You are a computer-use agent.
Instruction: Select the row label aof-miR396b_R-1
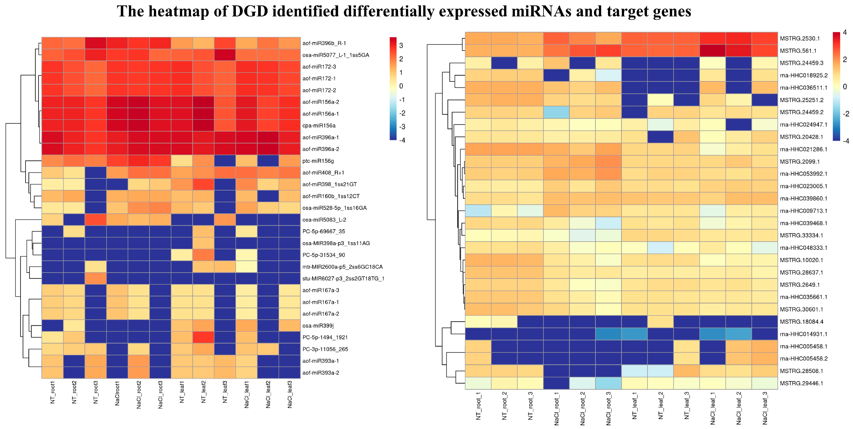coord(324,43)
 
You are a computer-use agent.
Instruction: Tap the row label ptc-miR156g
coord(318,161)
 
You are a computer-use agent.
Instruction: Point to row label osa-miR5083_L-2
coord(324,219)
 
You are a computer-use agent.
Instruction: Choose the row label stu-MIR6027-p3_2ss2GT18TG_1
coord(343,279)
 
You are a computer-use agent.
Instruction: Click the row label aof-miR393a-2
coord(321,373)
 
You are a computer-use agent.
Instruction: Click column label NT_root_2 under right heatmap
coord(504,406)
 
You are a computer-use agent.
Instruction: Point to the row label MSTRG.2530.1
coord(800,38)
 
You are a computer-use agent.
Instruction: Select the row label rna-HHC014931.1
coord(803,334)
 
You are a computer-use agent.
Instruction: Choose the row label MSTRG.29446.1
coord(801,383)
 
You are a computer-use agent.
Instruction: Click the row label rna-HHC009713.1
coord(803,211)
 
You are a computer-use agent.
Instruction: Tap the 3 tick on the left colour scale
coord(401,45)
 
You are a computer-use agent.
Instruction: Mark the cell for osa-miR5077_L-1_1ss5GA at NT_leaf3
coord(225,55)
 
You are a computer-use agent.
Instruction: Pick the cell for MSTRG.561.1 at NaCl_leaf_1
coord(713,51)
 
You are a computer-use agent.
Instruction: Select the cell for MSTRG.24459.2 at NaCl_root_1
coord(556,112)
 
